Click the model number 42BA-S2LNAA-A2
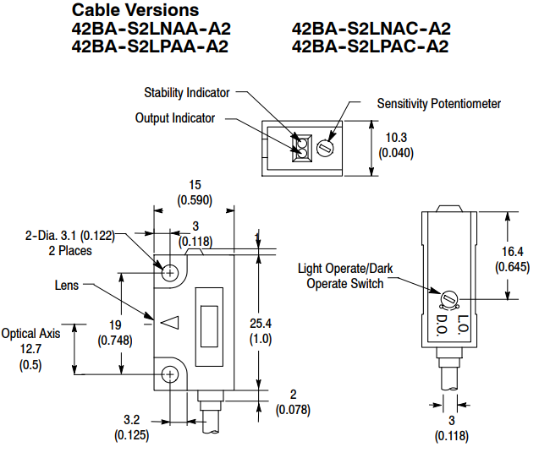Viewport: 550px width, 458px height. pyautogui.click(x=151, y=29)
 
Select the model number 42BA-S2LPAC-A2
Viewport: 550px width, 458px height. pyautogui.click(x=370, y=46)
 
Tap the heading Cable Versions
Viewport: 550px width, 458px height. pyautogui.click(x=135, y=11)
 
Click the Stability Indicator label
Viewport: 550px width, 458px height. pyautogui.click(x=186, y=92)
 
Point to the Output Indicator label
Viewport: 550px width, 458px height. pyautogui.click(x=175, y=118)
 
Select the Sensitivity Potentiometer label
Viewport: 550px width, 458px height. pyautogui.click(x=438, y=104)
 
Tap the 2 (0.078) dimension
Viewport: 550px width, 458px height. pyautogui.click(x=293, y=402)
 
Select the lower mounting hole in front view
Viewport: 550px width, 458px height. pyautogui.click(x=171, y=373)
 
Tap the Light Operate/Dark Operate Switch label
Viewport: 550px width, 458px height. pyautogui.click(x=344, y=275)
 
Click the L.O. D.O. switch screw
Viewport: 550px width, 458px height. pyautogui.click(x=449, y=297)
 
